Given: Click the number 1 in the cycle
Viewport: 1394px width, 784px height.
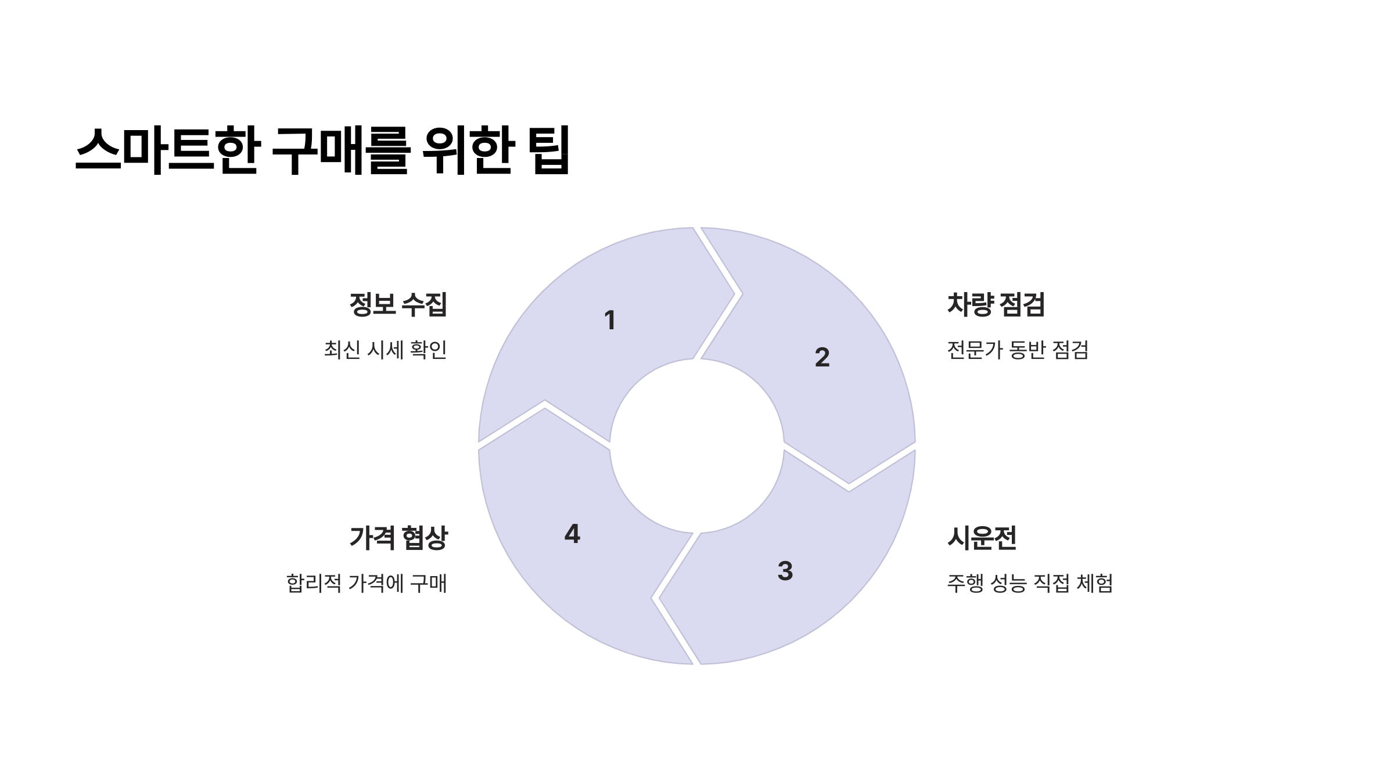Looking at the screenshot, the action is pyautogui.click(x=609, y=321).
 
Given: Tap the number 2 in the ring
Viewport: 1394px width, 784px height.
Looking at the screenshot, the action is pyautogui.click(x=822, y=357).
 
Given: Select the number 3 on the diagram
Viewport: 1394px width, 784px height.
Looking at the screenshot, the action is pyautogui.click(x=785, y=571).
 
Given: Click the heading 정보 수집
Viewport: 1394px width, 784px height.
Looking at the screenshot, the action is pyautogui.click(x=398, y=305).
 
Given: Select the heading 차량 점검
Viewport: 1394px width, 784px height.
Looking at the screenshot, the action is pyautogui.click(x=996, y=305).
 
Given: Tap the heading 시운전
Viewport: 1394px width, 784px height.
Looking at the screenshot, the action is pyautogui.click(x=982, y=538).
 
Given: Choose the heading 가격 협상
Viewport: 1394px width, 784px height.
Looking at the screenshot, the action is pyautogui.click(x=398, y=538).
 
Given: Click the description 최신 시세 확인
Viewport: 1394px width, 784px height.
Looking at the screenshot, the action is pyautogui.click(x=386, y=350).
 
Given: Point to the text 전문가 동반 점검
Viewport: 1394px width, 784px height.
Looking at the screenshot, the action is pyautogui.click(x=1018, y=350).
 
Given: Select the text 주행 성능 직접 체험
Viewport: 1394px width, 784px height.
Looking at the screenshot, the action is pyautogui.click(x=1030, y=583).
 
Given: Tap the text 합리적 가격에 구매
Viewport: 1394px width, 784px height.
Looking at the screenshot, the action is pyautogui.click(x=367, y=583).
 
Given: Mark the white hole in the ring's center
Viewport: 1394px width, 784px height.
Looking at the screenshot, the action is pyautogui.click(x=696, y=446).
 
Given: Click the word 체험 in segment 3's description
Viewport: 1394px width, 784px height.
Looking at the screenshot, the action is pyautogui.click(x=1094, y=583).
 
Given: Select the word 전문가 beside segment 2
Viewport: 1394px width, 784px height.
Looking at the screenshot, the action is pyautogui.click(x=974, y=350).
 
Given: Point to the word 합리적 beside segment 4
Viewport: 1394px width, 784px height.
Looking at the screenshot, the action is pyautogui.click(x=314, y=583).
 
